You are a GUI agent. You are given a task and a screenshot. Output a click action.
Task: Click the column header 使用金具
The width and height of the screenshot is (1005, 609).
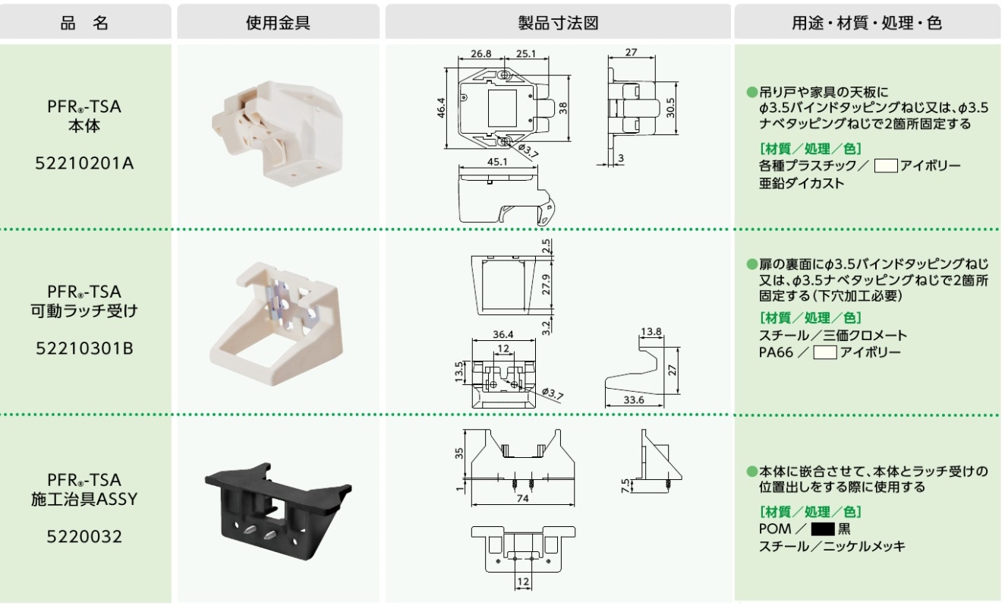(x=278, y=23)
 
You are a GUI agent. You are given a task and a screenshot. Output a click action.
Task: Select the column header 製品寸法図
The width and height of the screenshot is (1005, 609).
(x=558, y=23)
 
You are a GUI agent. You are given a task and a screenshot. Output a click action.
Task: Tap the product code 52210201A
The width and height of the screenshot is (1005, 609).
(x=85, y=163)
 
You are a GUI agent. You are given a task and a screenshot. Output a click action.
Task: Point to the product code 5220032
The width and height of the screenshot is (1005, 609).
(x=85, y=538)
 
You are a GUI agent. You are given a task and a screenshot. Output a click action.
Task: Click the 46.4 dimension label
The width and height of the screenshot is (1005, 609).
(x=441, y=109)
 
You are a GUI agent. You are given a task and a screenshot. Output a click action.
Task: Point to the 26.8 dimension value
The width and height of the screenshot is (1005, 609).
(x=481, y=55)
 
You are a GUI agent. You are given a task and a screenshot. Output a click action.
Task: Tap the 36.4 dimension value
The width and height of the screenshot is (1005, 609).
(x=502, y=334)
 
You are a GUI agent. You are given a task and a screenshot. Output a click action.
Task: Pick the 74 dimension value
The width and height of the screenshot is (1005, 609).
(x=520, y=499)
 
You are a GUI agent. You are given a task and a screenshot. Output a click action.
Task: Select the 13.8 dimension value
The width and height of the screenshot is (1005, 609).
(x=651, y=332)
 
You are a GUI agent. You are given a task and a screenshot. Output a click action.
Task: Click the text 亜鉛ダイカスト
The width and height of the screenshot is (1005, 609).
(x=802, y=183)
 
